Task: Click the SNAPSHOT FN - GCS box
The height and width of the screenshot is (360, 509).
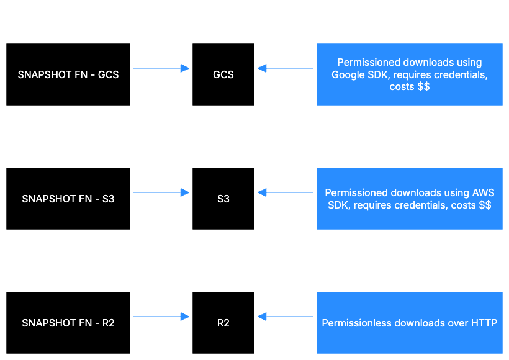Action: pos(68,74)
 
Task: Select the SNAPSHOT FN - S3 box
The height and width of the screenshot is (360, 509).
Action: pos(68,199)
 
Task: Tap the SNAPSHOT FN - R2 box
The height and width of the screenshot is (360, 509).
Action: pos(68,323)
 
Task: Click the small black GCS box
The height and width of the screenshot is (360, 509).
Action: pos(223,74)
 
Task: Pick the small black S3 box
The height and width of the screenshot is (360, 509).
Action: pos(223,199)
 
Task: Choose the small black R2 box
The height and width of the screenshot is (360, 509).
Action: pos(223,323)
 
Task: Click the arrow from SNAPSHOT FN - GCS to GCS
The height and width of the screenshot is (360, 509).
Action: pos(161,68)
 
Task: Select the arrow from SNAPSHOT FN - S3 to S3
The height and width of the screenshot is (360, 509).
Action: pos(161,192)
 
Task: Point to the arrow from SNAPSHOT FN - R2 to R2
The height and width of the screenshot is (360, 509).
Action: pos(161,317)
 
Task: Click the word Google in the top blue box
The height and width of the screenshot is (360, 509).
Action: pos(347,74)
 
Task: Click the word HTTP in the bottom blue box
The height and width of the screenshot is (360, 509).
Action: pos(484,323)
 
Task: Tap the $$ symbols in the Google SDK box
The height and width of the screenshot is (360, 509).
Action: pos(423,87)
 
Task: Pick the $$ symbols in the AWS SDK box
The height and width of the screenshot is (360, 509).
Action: pos(485,205)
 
